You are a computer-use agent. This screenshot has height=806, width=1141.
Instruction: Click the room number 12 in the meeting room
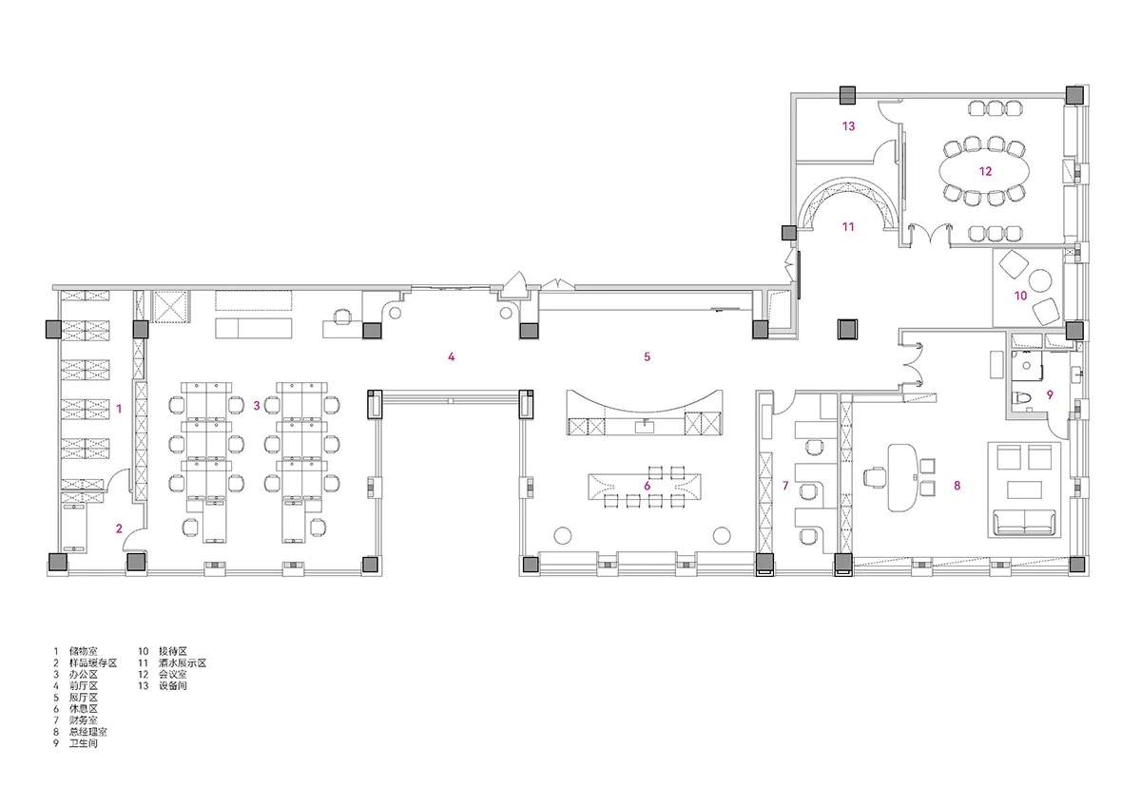pos(985,171)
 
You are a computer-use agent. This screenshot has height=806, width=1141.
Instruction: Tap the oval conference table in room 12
pos(984,172)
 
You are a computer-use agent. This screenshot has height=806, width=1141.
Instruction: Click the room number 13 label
pos(848,125)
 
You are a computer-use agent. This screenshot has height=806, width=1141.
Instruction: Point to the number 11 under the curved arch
pos(848,226)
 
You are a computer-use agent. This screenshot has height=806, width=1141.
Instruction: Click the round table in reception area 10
pos(1040,280)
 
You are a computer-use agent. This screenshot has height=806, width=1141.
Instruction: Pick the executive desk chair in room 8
pos(875,477)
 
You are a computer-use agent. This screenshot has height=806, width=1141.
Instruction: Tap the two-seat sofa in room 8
pos(1024,523)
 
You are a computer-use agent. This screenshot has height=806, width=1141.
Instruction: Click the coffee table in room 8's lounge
pos(1024,489)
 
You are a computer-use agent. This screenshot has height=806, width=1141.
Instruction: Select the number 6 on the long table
pos(647,486)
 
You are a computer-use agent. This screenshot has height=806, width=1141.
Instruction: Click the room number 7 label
pos(785,486)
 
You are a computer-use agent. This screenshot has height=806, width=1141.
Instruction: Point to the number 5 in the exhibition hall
pos(647,356)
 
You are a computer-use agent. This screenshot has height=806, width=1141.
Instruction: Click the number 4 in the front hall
pos(451,356)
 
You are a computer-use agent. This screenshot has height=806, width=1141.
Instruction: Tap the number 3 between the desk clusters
pos(256,405)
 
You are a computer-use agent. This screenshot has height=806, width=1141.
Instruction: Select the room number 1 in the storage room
pos(119,409)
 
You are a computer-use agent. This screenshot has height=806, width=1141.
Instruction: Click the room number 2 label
pos(119,528)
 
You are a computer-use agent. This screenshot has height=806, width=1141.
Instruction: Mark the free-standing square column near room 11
pos(847,329)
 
